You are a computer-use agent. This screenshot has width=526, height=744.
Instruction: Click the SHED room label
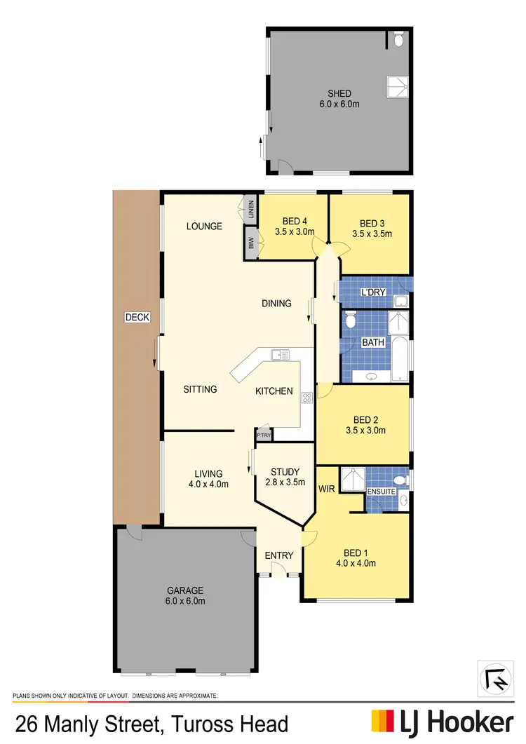click(339, 93)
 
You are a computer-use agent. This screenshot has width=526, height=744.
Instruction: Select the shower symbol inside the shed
click(396, 86)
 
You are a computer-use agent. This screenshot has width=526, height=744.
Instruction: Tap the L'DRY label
click(370, 292)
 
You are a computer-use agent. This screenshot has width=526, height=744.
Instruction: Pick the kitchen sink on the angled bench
click(281, 355)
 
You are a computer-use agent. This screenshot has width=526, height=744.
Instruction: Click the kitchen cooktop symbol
click(306, 398)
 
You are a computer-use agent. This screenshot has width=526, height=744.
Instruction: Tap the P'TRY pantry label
click(263, 435)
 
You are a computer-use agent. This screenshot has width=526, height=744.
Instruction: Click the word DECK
click(137, 318)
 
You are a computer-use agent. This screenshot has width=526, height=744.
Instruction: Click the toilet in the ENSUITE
click(400, 481)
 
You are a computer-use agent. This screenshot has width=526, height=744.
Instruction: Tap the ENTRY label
click(279, 556)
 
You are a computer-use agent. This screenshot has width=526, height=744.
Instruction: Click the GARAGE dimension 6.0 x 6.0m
click(186, 601)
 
